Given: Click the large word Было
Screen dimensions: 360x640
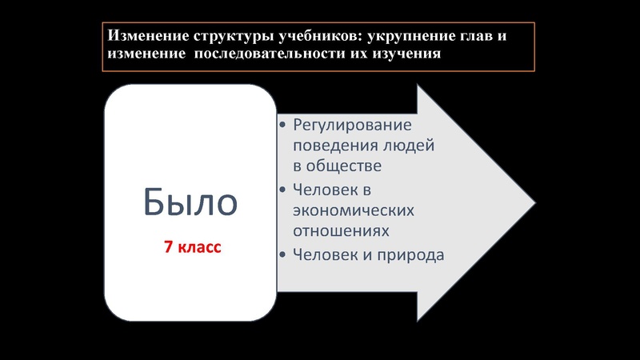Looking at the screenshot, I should tap(190, 202).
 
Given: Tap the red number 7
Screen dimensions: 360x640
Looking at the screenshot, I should tap(169, 248).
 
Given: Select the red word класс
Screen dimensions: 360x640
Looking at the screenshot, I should tap(199, 248).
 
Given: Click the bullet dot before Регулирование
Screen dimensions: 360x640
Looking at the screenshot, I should tap(283, 126).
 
